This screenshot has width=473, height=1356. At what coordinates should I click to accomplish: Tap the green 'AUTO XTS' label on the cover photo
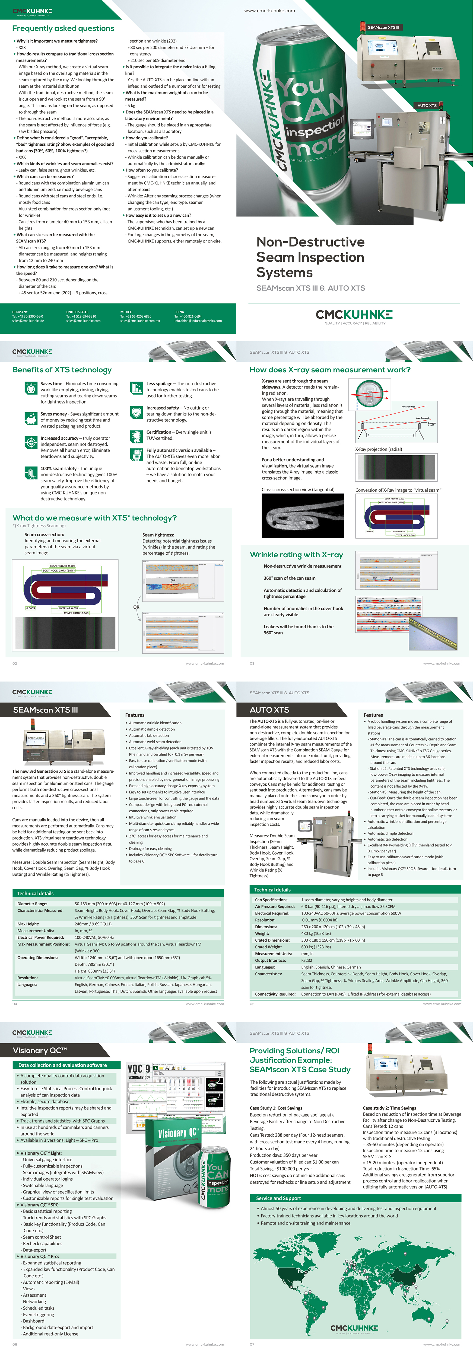pyautogui.click(x=427, y=105)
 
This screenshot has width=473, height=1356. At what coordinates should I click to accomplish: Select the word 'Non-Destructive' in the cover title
pyautogui.click(x=310, y=242)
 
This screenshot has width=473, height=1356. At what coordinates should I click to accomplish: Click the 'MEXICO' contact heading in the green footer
pyautogui.click(x=126, y=312)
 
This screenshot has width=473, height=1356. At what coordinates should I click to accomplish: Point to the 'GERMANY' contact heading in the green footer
pyautogui.click(x=20, y=312)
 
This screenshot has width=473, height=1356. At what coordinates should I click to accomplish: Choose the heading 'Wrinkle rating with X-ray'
pyautogui.click(x=296, y=555)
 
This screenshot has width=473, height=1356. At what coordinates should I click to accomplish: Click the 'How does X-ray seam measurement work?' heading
pyautogui.click(x=330, y=370)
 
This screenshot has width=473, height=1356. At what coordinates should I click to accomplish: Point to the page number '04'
pyautogui.click(x=15, y=1004)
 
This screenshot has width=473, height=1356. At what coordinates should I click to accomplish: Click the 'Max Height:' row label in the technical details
pyautogui.click(x=28, y=924)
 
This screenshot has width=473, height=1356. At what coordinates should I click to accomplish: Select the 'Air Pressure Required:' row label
pyautogui.click(x=274, y=906)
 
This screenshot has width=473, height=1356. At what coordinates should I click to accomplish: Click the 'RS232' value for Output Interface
pyautogui.click(x=307, y=960)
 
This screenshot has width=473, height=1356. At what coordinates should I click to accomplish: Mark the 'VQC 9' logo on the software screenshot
pyautogui.click(x=138, y=1069)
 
